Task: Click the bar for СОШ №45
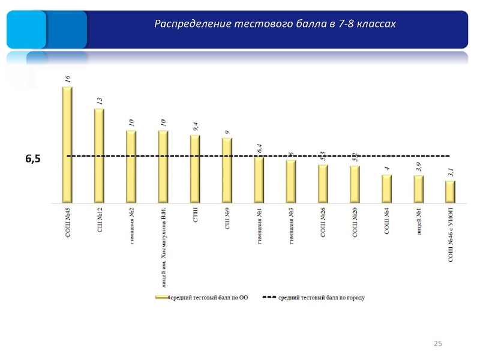(67, 144)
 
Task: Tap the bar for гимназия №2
(131, 166)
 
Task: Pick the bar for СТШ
(195, 168)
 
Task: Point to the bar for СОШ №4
(387, 188)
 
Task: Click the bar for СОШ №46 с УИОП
(451, 191)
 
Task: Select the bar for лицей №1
(419, 188)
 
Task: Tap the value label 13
(100, 100)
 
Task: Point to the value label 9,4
(196, 126)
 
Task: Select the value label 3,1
(451, 173)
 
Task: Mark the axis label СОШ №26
(323, 223)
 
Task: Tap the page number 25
(437, 343)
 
